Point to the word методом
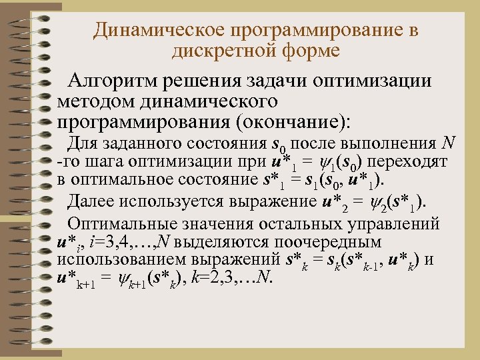tap(93, 103)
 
